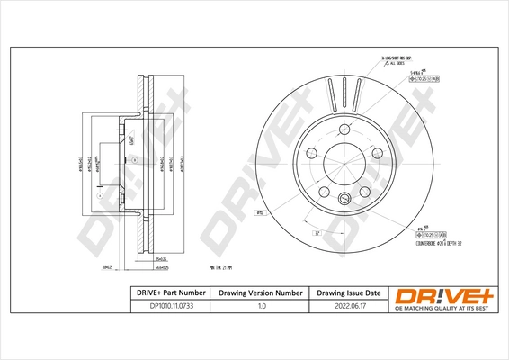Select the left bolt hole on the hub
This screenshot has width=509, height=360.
[x=308, y=152]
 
